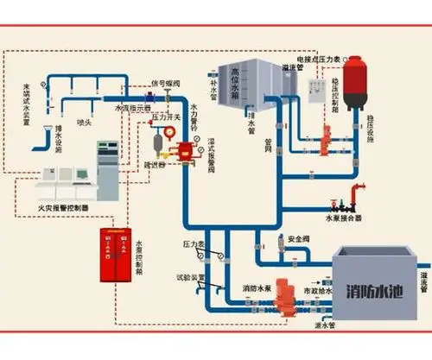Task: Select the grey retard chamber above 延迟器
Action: [x=156, y=141]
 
